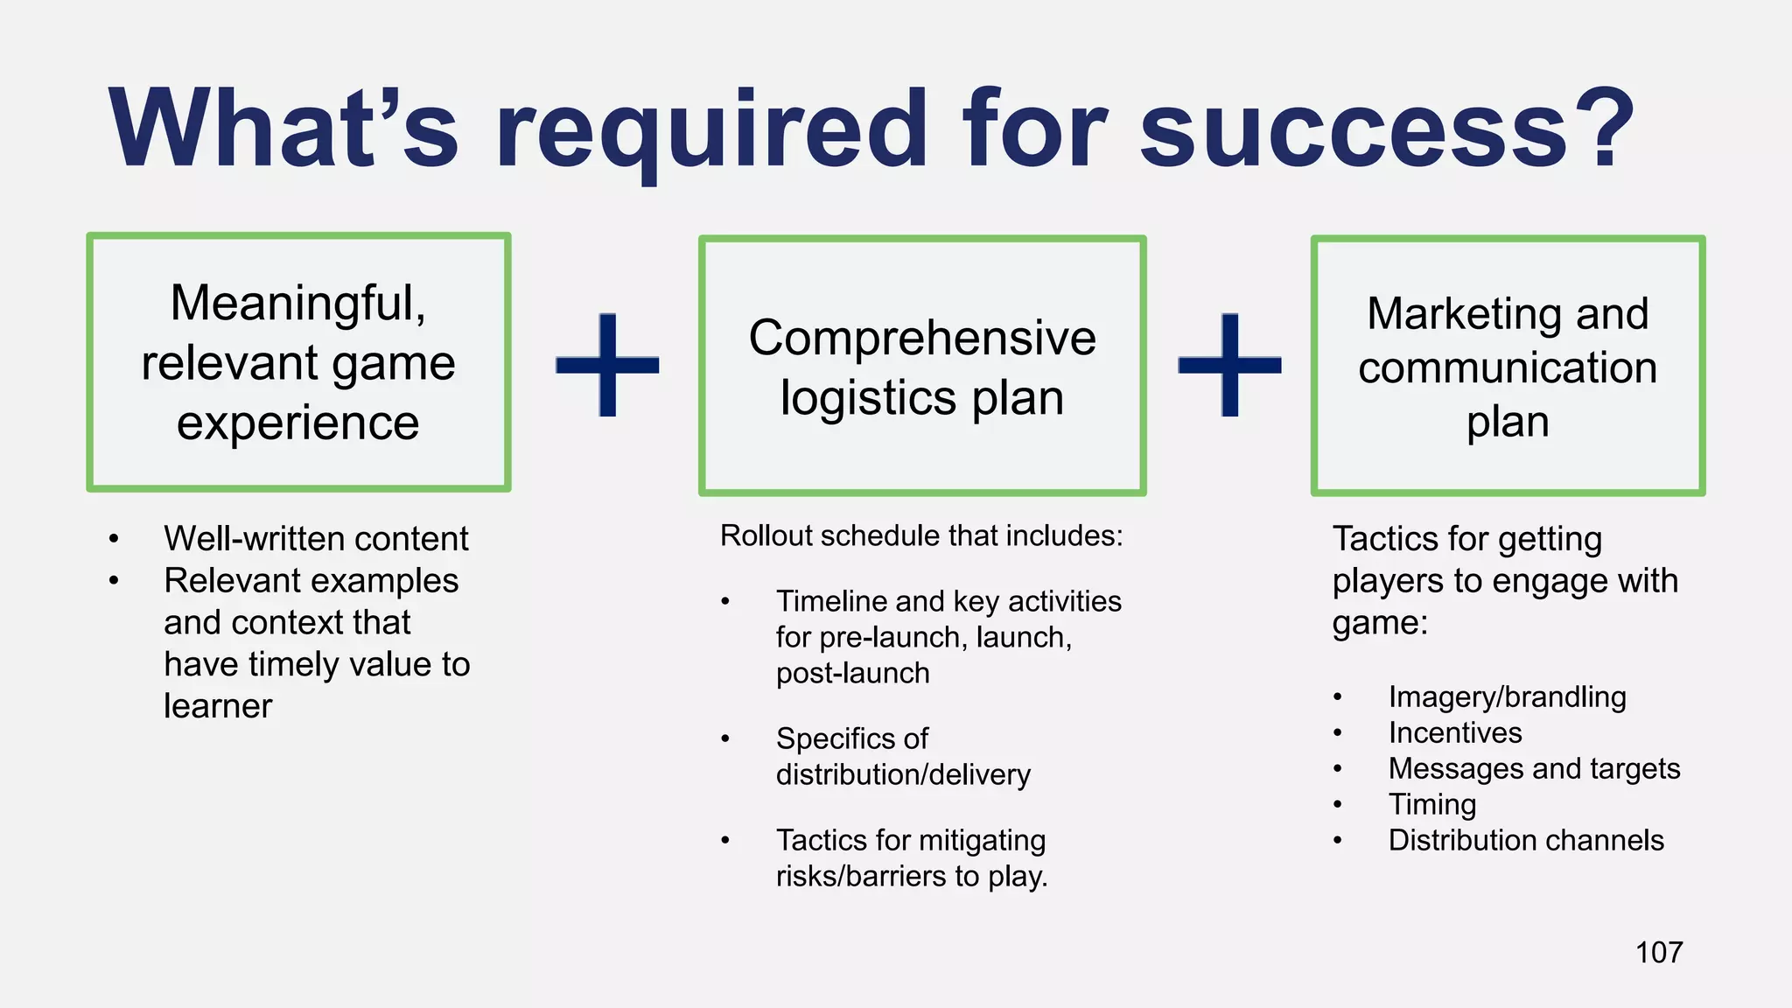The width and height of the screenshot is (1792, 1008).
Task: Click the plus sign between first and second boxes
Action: (607, 364)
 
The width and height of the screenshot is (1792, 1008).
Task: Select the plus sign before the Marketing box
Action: (1229, 364)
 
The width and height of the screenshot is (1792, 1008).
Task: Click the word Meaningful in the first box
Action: (297, 303)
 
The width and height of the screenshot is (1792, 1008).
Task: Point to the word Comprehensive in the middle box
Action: (921, 338)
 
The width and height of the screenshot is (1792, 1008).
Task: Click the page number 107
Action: (1658, 952)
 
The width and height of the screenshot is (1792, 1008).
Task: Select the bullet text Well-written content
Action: (316, 538)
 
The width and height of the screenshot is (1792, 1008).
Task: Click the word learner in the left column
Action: (218, 706)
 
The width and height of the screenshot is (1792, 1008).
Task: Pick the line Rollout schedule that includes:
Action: (920, 535)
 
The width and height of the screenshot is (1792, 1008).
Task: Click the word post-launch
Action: (852, 673)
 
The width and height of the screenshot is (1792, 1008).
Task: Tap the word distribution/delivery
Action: (903, 774)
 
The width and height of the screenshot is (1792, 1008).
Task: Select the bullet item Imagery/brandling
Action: (1507, 696)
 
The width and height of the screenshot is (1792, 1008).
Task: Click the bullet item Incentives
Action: (1455, 732)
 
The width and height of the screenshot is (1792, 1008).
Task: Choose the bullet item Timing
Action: (1432, 804)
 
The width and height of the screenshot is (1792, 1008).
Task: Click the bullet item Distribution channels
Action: (1526, 840)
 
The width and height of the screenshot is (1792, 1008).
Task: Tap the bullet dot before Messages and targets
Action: (1337, 769)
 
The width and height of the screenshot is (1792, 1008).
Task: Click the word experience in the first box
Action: (297, 423)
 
